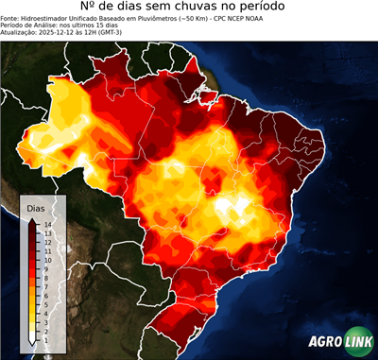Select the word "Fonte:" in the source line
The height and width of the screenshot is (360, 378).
[12, 20]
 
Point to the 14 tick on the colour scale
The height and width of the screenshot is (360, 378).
[46, 224]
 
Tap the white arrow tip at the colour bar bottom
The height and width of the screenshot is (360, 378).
[32, 338]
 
